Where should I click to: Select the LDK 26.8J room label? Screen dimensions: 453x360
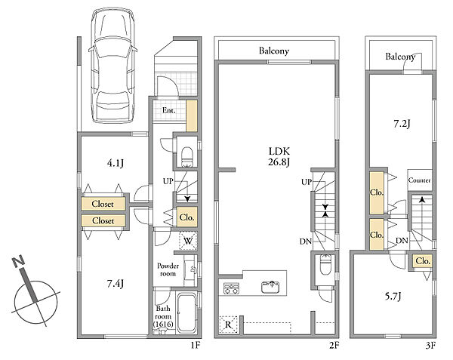(x=279, y=156)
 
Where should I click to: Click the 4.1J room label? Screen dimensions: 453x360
(x=116, y=164)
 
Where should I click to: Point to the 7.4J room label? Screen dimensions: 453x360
(x=116, y=284)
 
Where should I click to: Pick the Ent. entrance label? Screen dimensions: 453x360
(x=169, y=110)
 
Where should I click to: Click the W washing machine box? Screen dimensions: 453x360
(x=188, y=241)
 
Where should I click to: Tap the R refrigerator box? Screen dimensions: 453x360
(x=228, y=325)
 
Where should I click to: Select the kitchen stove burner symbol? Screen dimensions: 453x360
(x=232, y=288)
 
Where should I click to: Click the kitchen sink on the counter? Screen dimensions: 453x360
(x=270, y=286)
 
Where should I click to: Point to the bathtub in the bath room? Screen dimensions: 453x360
(x=186, y=312)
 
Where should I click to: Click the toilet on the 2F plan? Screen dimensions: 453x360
(x=325, y=264)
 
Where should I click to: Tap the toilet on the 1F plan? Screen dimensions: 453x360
(x=187, y=157)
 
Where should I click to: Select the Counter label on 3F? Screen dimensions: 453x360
(x=419, y=180)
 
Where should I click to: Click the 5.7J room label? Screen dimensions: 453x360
(x=393, y=297)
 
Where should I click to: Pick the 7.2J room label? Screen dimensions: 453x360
(x=402, y=124)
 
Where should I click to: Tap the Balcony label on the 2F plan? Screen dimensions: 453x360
(x=274, y=51)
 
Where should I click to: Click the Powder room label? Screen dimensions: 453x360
(x=168, y=269)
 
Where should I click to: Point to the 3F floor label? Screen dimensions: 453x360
(x=430, y=345)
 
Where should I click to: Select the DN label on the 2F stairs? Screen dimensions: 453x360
(x=305, y=242)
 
